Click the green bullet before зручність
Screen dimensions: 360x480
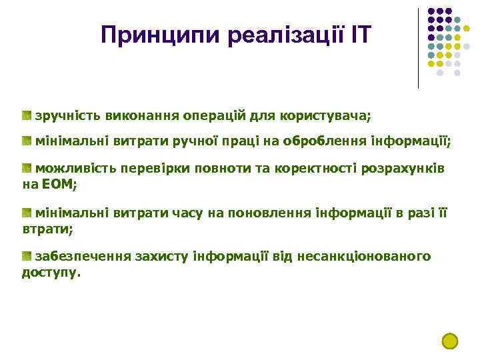tap(27, 115)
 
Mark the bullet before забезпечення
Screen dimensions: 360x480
tap(27, 257)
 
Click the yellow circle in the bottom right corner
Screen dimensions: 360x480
tap(450, 341)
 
